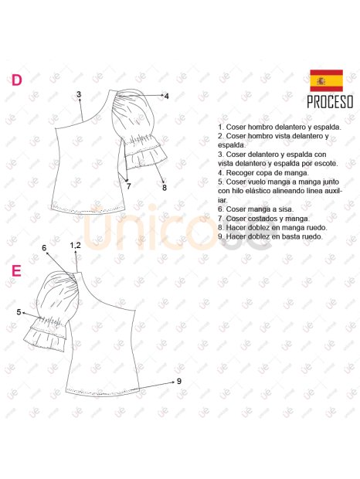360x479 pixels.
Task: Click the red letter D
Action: click(15, 80)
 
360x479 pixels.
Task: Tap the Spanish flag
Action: click(326, 81)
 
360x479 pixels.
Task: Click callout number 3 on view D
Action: click(79, 94)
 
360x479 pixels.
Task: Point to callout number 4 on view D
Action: click(166, 96)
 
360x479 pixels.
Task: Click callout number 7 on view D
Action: click(128, 186)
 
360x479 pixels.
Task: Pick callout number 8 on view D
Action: click(164, 187)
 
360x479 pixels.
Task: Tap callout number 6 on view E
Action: click(45, 248)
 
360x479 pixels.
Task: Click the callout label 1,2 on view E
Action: click(75, 245)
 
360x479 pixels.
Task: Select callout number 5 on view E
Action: click(19, 311)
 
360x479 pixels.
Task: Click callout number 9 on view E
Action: click(178, 381)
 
